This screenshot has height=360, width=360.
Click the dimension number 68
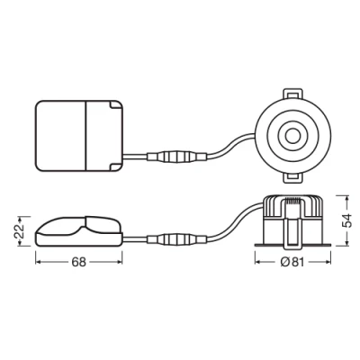pos(78,263)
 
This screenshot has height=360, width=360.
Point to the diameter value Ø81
pos(288,263)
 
